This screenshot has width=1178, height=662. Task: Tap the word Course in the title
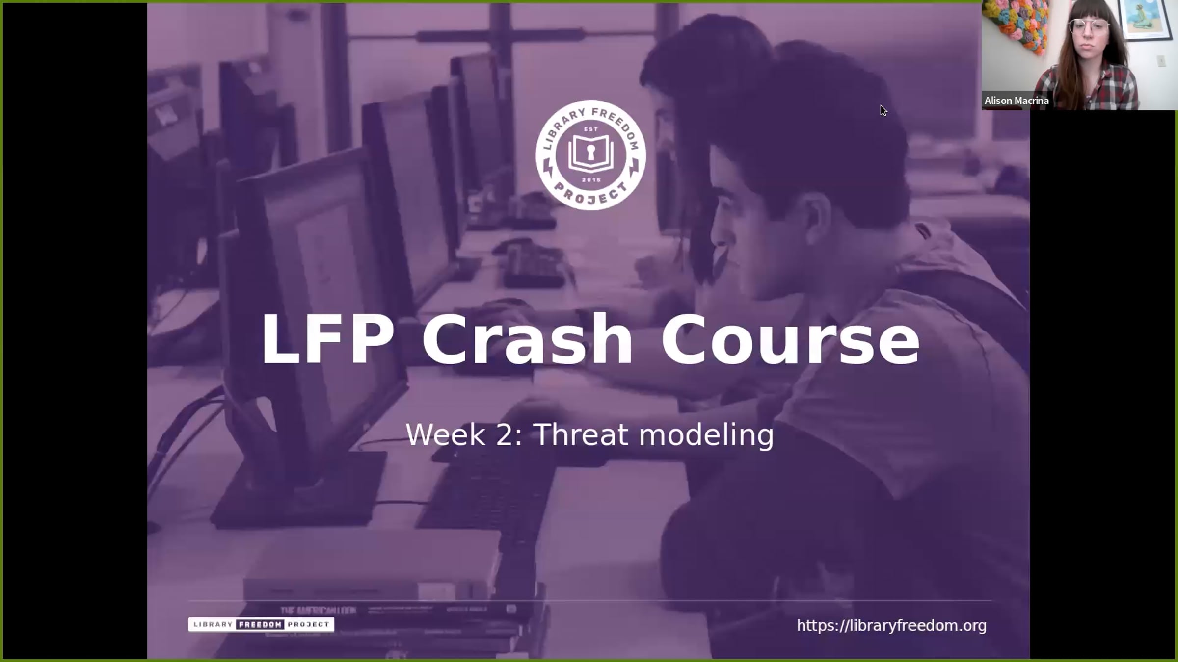[790, 339]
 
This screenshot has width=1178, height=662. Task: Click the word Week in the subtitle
[446, 434]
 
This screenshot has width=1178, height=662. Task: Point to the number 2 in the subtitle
[505, 434]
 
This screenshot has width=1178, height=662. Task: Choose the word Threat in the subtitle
[581, 434]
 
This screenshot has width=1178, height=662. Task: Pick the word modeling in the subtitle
[707, 435]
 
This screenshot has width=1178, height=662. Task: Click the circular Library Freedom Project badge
[590, 155]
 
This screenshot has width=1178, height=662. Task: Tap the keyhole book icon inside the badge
[591, 153]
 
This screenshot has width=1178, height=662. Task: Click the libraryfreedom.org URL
[891, 626]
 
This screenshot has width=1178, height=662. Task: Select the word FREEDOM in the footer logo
[260, 624]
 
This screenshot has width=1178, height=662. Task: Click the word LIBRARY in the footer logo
[213, 624]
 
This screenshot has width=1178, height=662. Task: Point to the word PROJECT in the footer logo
[309, 624]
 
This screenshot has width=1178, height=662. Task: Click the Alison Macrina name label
[1017, 101]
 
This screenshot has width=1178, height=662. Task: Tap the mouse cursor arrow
[883, 111]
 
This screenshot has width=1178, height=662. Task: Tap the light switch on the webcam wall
[1161, 61]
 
